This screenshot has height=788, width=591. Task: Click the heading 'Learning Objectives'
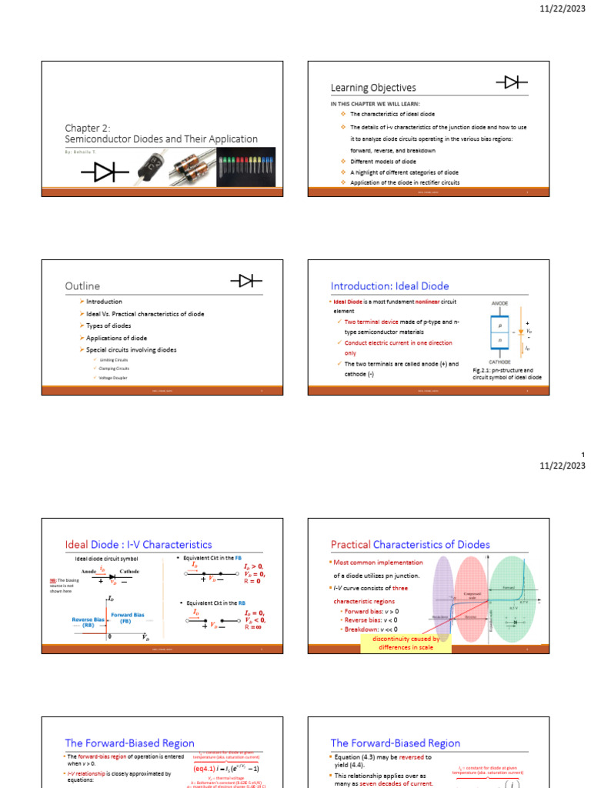point(373,88)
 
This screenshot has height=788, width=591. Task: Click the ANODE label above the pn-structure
point(500,303)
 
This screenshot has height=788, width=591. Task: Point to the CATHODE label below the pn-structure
point(500,362)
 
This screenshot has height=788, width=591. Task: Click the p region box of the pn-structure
point(500,326)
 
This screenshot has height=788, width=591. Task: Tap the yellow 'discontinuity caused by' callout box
point(406,643)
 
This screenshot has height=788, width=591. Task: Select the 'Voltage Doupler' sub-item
point(114,378)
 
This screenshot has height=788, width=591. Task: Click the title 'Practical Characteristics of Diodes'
point(410,544)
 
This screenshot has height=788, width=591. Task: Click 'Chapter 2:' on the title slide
point(88,128)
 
